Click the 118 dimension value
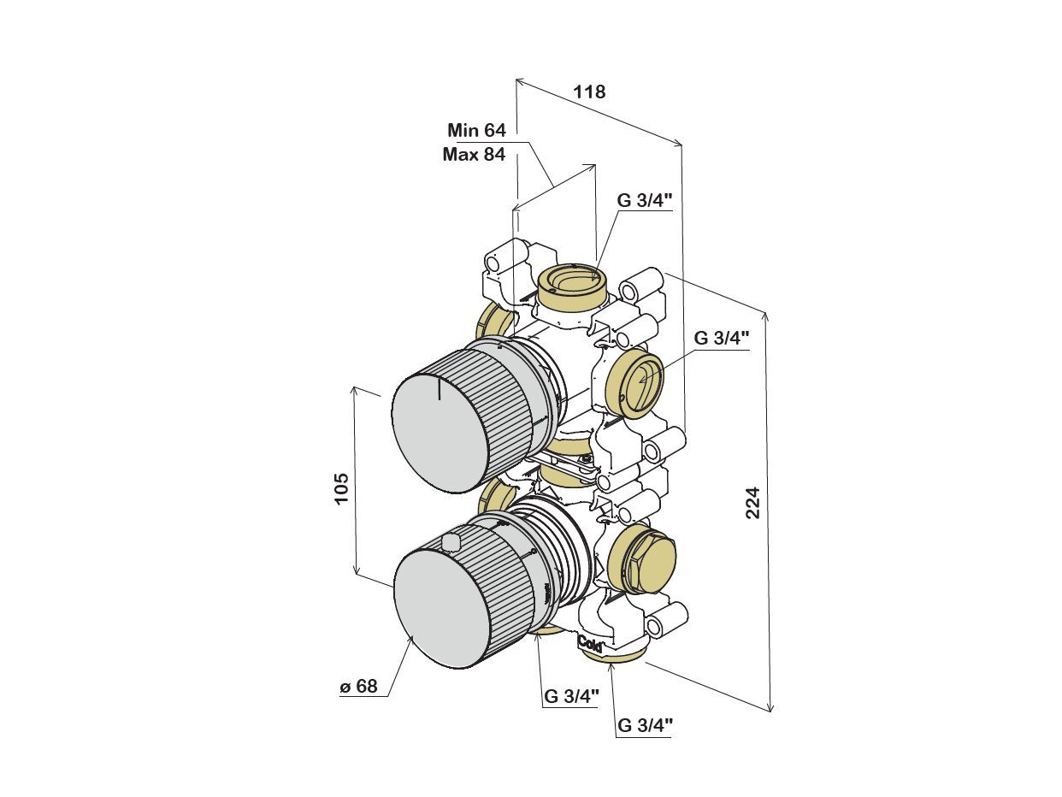coord(590,92)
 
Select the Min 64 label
coord(476,131)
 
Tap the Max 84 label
coord(474,155)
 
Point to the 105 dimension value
coord(341,487)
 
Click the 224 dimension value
coord(752,503)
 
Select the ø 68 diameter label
coord(358,687)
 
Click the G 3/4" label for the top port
coord(645,201)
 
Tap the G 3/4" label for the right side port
coord(721,338)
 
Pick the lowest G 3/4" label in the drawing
coord(645,726)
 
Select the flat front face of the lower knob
coord(441,609)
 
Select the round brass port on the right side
coord(636,384)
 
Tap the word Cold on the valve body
coord(591,642)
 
